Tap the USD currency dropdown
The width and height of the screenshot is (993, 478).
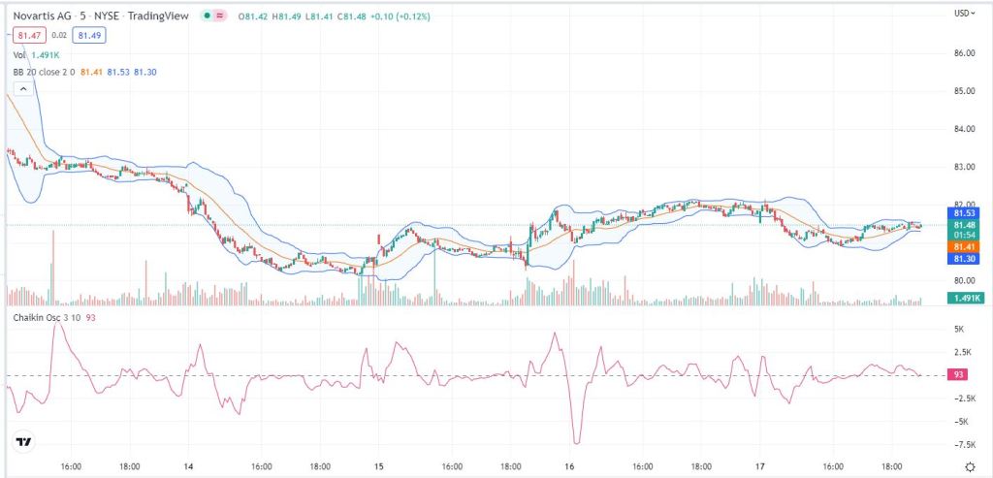(x=963, y=14)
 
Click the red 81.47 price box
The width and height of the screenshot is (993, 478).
(x=26, y=35)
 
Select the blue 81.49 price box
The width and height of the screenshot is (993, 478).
(x=89, y=35)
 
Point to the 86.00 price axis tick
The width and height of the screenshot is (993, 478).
(x=963, y=53)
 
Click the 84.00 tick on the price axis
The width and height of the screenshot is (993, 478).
(x=963, y=129)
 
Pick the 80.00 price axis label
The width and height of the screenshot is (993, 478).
(x=963, y=281)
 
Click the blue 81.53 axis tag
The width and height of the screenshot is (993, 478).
(x=964, y=213)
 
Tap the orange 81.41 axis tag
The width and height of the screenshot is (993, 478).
(x=964, y=247)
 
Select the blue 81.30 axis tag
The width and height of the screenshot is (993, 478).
(x=964, y=259)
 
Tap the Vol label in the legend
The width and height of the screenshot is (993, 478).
(x=19, y=55)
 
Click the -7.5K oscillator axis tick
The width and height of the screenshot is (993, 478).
(x=963, y=444)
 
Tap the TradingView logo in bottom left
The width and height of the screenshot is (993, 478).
(x=23, y=442)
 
